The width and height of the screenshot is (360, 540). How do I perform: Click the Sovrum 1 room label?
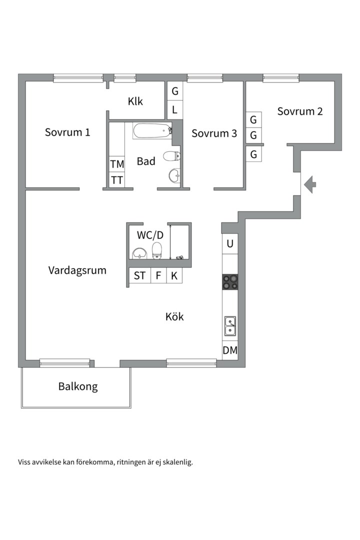[x=67, y=132]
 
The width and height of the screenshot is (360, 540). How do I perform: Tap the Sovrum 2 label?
[x=300, y=111]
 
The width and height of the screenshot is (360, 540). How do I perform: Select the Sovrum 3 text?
[x=214, y=133]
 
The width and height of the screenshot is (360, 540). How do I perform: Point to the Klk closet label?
[x=135, y=101]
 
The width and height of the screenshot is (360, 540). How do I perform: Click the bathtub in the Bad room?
[x=152, y=131]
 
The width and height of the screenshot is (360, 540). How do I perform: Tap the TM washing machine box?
[x=117, y=164]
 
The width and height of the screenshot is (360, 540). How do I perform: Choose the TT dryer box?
[x=117, y=180]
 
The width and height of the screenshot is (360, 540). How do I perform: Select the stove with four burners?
[x=230, y=282]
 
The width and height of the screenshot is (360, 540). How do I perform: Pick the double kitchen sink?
[x=230, y=325]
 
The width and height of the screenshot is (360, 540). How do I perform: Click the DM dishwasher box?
[x=230, y=350]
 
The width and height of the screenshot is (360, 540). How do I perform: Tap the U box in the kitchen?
[x=230, y=244]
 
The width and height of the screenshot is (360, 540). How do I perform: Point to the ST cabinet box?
[x=140, y=275]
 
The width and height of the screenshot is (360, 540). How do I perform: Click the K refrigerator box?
[x=174, y=275]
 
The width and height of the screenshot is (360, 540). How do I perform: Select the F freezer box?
[x=158, y=275]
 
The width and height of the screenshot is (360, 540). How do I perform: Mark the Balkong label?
[x=78, y=386]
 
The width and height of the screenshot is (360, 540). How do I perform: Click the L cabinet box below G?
[x=175, y=109]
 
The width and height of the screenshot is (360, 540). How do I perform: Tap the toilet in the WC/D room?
[x=157, y=250]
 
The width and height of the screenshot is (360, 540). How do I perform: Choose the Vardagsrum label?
[x=77, y=270]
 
